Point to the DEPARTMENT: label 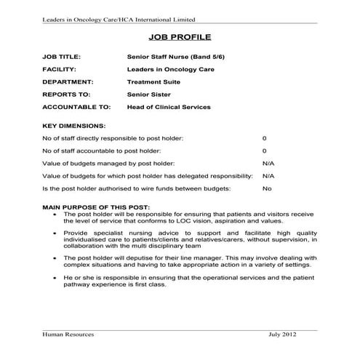[x=68, y=82]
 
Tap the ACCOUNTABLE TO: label [x=73, y=107]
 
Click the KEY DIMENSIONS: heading [x=74, y=126]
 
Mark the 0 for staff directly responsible [x=264, y=138]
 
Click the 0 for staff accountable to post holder [x=264, y=151]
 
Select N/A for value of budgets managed [x=268, y=163]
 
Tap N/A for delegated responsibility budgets [x=268, y=176]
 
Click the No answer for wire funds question [x=266, y=188]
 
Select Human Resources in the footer [x=68, y=334]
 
